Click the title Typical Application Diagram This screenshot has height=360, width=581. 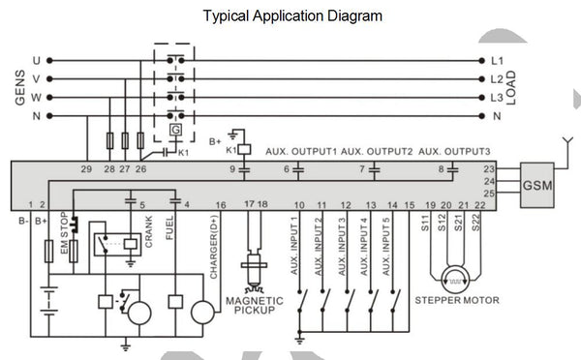coord(291,16)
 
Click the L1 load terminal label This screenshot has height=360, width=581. coord(497,60)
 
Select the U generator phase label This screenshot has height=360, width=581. coord(37,60)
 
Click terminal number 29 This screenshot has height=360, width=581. coord(87,169)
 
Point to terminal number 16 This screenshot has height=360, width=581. coord(221,205)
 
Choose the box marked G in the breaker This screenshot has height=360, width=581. coord(174,131)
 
